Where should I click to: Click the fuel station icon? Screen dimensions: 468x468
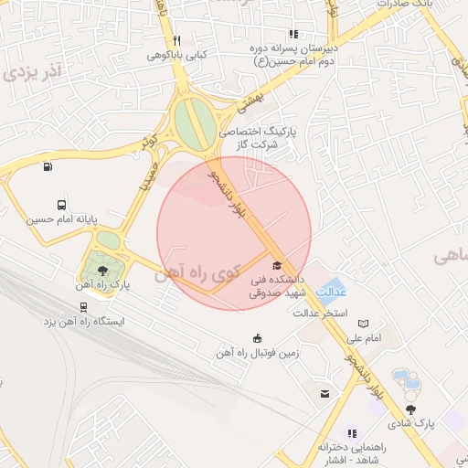click(47, 166)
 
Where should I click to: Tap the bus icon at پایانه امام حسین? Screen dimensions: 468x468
click(61, 206)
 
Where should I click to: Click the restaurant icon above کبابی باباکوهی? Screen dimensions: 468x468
click(176, 40)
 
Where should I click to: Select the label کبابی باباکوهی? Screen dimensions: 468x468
click(178, 55)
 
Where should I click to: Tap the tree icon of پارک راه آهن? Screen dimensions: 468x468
click(101, 271)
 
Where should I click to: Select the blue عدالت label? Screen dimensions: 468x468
click(331, 292)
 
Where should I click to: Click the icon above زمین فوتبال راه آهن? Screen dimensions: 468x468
click(257, 337)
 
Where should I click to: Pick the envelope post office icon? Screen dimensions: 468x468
click(324, 394)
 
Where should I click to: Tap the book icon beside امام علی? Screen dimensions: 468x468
click(364, 324)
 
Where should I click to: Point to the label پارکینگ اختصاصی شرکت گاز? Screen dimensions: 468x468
click(260, 139)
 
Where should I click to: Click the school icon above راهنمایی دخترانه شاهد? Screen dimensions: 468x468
click(352, 433)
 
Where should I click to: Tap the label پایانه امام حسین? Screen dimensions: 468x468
click(57, 220)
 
